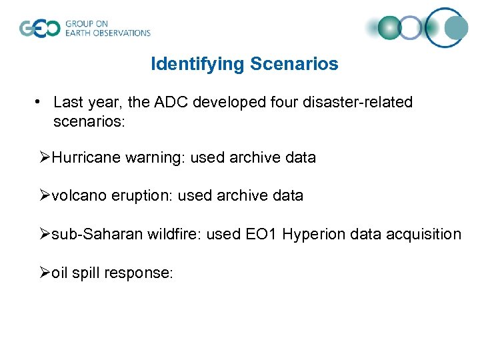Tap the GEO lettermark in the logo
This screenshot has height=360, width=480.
pyautogui.click(x=40, y=28)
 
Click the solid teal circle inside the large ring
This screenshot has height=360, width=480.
pyautogui.click(x=456, y=27)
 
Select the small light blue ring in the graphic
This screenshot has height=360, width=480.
pyautogui.click(x=411, y=28)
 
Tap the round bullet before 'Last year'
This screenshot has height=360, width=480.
pyautogui.click(x=40, y=102)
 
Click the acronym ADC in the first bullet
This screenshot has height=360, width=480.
pyautogui.click(x=173, y=102)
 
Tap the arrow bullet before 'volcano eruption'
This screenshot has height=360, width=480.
pyautogui.click(x=45, y=195)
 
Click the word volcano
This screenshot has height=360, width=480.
pyautogui.click(x=76, y=195)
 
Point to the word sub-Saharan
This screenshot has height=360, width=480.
pyautogui.click(x=97, y=234)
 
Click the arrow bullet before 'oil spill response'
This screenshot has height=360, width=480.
pyautogui.click(x=45, y=272)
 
